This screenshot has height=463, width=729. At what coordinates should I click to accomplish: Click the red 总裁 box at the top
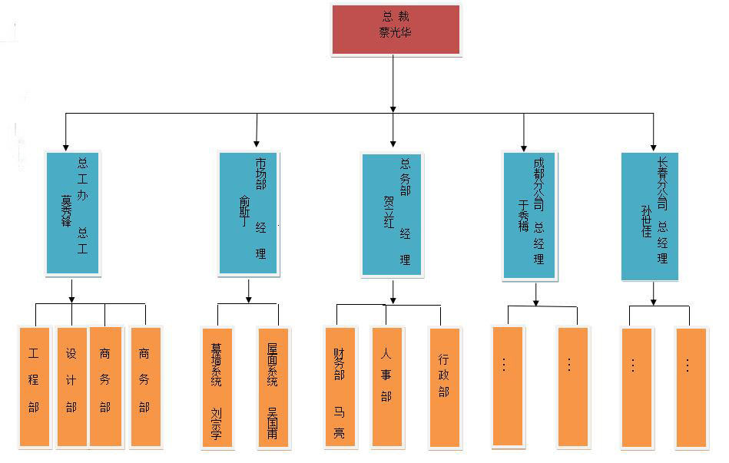click(x=396, y=29)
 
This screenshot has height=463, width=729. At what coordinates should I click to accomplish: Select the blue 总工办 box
click(x=73, y=213)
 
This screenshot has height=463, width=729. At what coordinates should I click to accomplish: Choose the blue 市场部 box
click(x=248, y=213)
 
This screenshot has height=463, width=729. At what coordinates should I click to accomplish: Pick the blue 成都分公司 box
click(x=529, y=214)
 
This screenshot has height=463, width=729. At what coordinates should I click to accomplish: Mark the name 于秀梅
click(x=524, y=216)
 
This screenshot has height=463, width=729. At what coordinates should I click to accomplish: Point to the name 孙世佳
click(x=646, y=220)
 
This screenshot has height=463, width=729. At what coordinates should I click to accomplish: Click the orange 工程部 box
click(x=34, y=386)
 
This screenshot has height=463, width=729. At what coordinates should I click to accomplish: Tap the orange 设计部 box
click(x=71, y=386)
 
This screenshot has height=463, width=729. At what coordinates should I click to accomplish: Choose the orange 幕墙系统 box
click(x=217, y=387)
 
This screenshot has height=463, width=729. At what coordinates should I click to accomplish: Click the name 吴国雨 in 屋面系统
click(x=272, y=422)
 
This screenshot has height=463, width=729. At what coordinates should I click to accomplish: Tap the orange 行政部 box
click(x=444, y=388)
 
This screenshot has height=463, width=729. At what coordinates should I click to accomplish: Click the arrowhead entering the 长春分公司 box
click(x=653, y=147)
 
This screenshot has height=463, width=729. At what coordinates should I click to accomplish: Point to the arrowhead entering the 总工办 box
click(x=66, y=146)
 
